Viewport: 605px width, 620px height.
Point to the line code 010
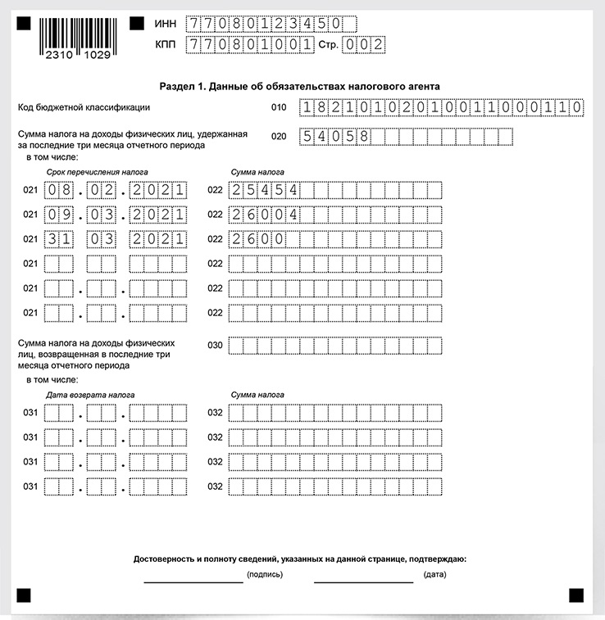[x=279, y=107]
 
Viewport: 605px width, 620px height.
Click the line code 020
[x=279, y=137]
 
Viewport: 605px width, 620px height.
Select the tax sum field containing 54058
[x=407, y=137]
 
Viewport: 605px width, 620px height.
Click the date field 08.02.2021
[x=115, y=191]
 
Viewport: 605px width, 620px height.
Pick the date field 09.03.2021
[x=115, y=215]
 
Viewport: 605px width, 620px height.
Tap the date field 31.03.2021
[x=115, y=240]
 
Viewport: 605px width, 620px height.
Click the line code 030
[x=215, y=346]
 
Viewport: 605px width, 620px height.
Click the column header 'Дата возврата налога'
[x=90, y=395]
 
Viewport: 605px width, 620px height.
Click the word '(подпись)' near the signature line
[x=265, y=575]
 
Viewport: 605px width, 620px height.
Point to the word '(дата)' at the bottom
[x=434, y=575]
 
